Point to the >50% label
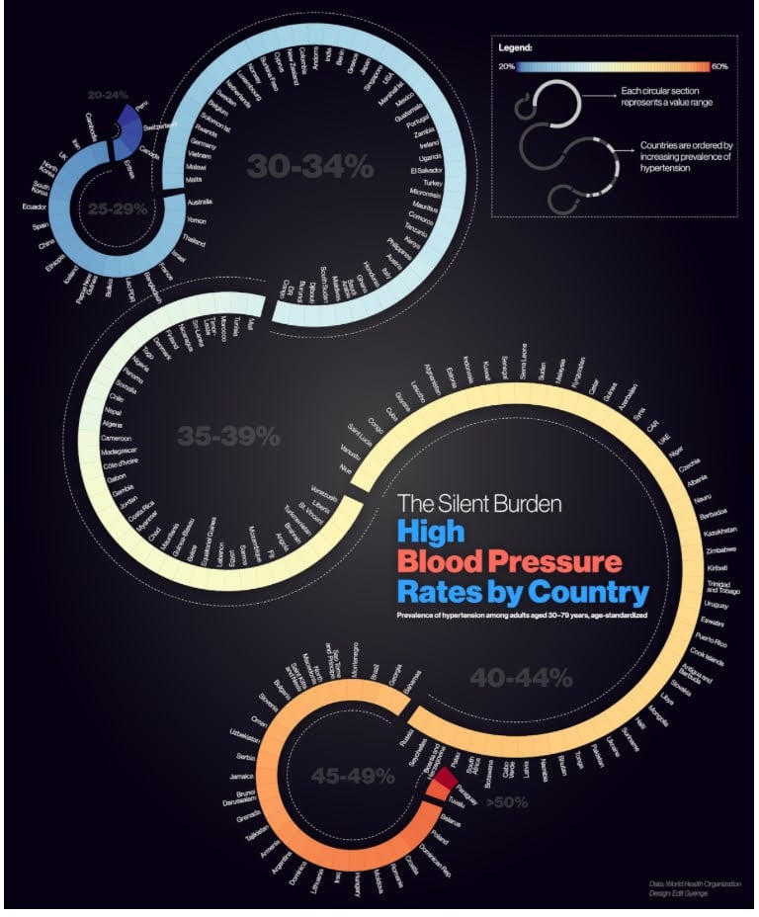pyautogui.click(x=506, y=802)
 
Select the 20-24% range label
pyautogui.click(x=108, y=95)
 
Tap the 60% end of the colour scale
pyautogui.click(x=718, y=66)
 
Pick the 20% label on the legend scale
pyautogui.click(x=507, y=66)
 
